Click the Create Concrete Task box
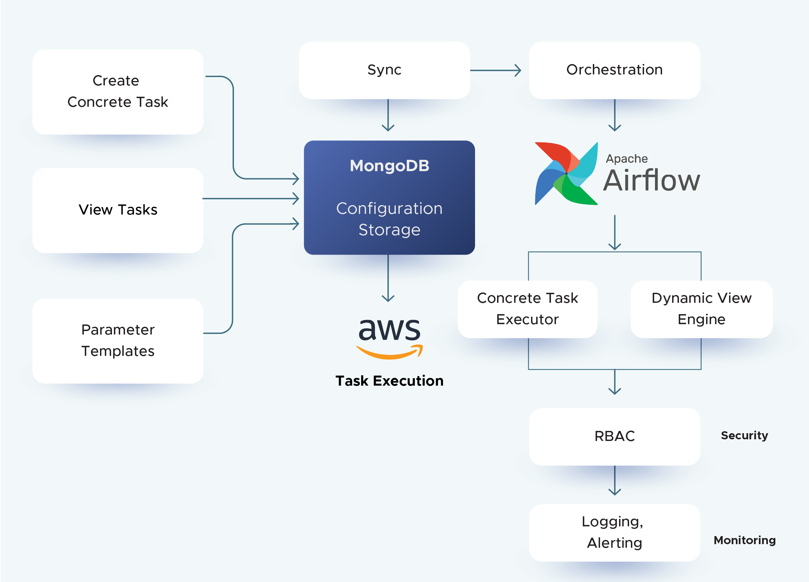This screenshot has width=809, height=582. pyautogui.click(x=118, y=92)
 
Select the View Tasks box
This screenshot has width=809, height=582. pyautogui.click(x=118, y=210)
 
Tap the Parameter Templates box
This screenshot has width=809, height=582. pyautogui.click(x=118, y=341)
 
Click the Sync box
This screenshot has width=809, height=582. pyautogui.click(x=384, y=70)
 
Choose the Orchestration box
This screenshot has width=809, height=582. pyautogui.click(x=614, y=70)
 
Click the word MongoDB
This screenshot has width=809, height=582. pyautogui.click(x=389, y=166)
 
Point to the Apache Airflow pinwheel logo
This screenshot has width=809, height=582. pyautogui.click(x=566, y=174)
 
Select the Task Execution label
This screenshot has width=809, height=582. pyautogui.click(x=389, y=381)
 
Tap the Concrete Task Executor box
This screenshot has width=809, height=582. pyautogui.click(x=527, y=309)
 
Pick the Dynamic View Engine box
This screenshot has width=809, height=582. pyautogui.click(x=701, y=309)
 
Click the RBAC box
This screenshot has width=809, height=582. pyautogui.click(x=614, y=436)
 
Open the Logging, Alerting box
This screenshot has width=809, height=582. pyautogui.click(x=614, y=533)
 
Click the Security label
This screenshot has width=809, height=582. pyautogui.click(x=744, y=435)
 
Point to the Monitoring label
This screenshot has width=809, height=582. pyautogui.click(x=744, y=540)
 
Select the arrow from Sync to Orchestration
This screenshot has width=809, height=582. pyautogui.click(x=495, y=70)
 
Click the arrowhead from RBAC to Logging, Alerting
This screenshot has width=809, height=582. pyautogui.click(x=615, y=491)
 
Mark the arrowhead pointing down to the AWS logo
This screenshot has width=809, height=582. pyautogui.click(x=388, y=298)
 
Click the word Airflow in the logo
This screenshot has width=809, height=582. pyautogui.click(x=651, y=181)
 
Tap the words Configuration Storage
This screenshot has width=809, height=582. pyautogui.click(x=389, y=219)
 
